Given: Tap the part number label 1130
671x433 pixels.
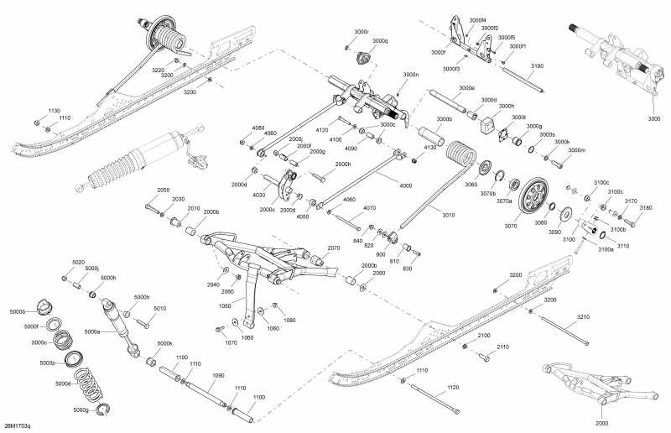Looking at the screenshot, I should point(54,111).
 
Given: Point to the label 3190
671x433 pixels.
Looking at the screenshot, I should point(538,65).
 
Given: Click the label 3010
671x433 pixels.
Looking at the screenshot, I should point(449,216).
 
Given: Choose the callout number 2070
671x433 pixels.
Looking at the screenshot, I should point(333,248).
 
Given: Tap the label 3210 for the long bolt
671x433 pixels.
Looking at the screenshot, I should point(583,316).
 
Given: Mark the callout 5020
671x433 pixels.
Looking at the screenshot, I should point(78,263).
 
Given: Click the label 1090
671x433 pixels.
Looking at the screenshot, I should point(218,375).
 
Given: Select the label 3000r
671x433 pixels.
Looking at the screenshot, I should point(361,31).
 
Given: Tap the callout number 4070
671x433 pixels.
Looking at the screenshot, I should point(369,208).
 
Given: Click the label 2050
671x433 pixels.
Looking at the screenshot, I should point(164,190).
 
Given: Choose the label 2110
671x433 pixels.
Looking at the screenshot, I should point(503,347).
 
